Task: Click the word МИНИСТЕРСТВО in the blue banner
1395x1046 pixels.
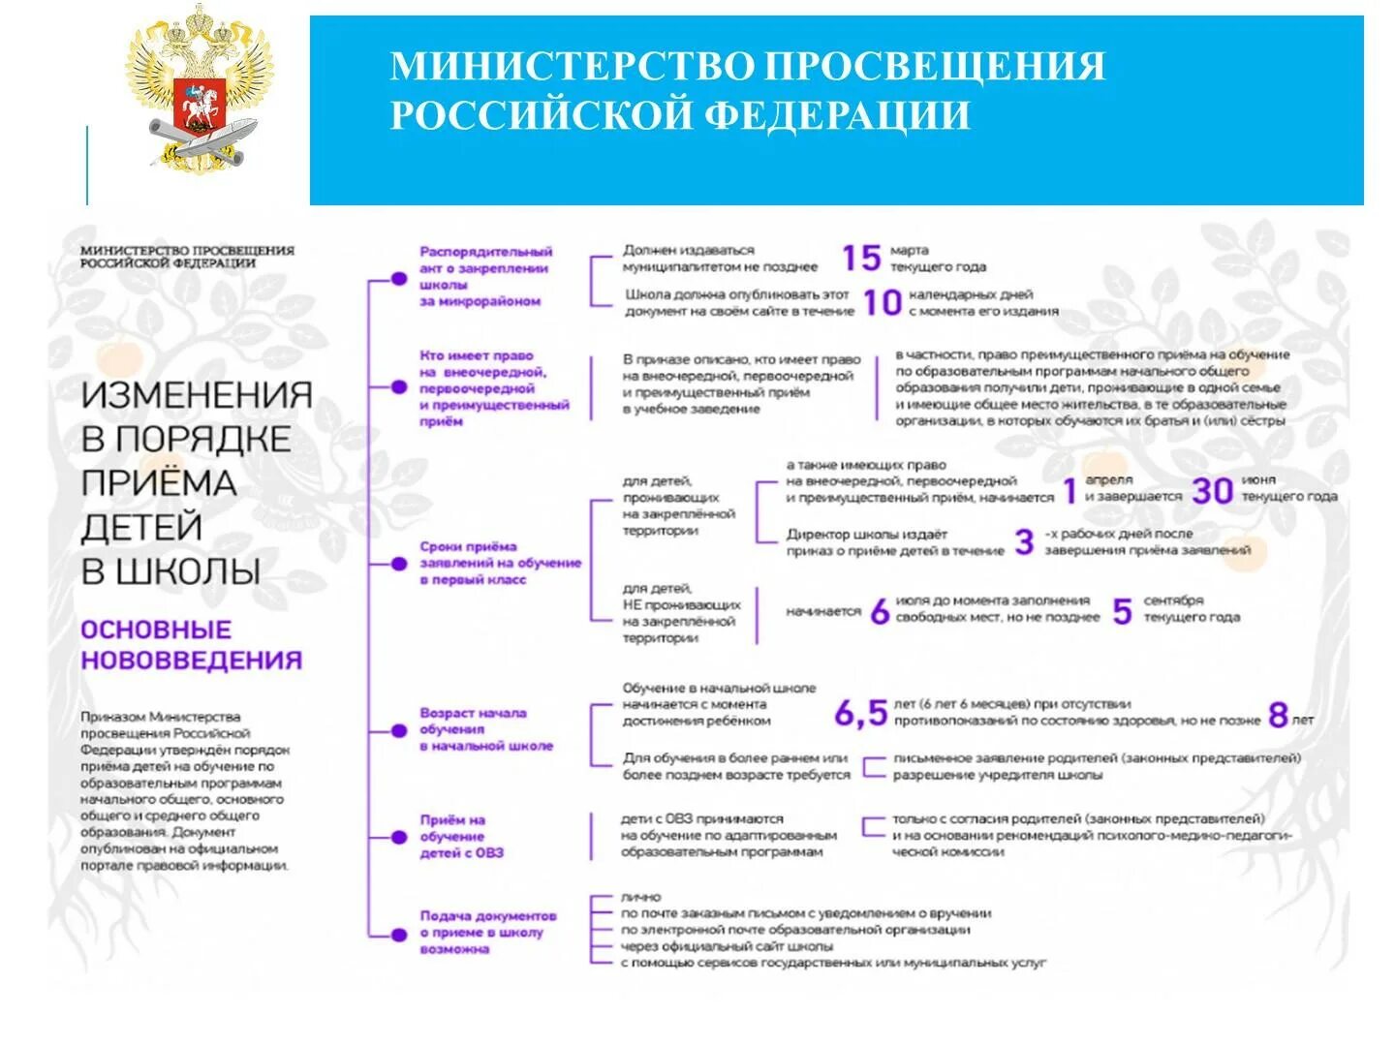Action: tap(572, 67)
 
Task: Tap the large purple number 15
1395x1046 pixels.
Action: tap(860, 258)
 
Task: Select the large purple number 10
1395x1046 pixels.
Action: tap(882, 303)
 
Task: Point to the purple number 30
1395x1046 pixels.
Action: tap(1212, 490)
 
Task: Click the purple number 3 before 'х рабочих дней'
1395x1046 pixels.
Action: tap(1024, 541)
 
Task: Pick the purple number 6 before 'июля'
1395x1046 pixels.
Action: tap(880, 611)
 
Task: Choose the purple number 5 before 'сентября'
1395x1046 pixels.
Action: tap(1122, 611)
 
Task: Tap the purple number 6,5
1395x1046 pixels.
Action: tap(860, 714)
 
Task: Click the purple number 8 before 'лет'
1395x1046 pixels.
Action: tap(1278, 716)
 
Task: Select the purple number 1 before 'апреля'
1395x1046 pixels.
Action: tap(1069, 490)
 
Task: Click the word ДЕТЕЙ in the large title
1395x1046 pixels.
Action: tap(141, 528)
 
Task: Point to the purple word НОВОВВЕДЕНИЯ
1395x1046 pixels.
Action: tap(192, 661)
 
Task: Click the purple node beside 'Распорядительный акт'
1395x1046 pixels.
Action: tap(398, 279)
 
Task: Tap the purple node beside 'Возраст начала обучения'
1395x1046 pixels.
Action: tap(398, 731)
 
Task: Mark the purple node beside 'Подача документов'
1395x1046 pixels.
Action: tap(398, 935)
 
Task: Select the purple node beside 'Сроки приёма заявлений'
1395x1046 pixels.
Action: tap(398, 564)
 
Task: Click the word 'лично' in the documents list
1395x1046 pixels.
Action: tap(641, 897)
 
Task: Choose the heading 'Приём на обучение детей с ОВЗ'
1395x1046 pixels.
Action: tap(462, 836)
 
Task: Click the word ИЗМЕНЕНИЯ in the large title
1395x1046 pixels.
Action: tap(197, 395)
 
